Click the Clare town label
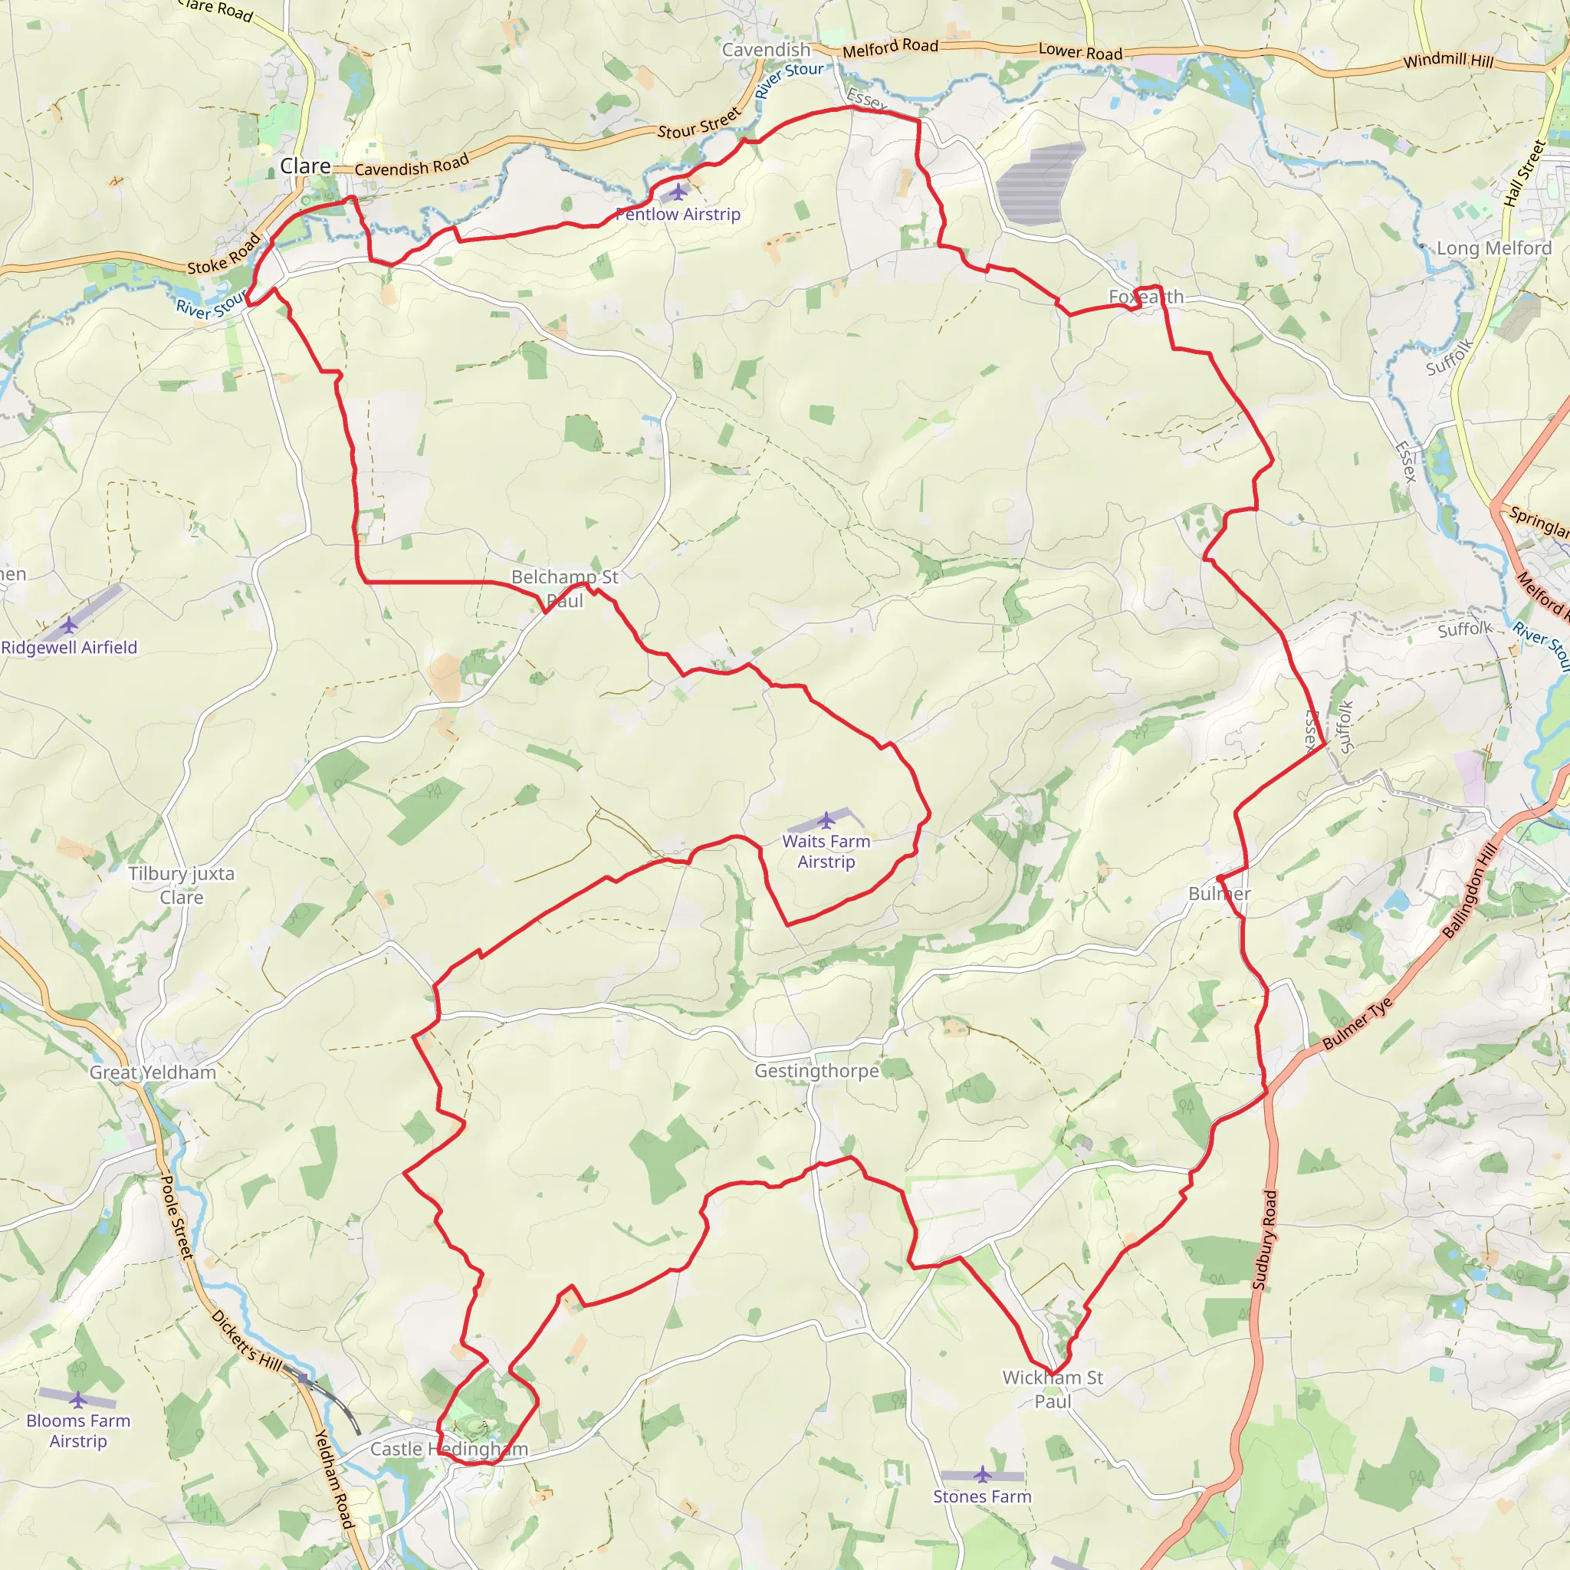305,166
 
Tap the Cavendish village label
767,51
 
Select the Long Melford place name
1493,248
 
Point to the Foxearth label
1146,297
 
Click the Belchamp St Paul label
565,588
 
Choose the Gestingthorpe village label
816,1071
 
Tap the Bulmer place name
1219,894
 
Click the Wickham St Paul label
1053,1389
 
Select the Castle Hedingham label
448,1449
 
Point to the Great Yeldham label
153,1072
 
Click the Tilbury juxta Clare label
181,885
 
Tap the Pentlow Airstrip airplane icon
678,192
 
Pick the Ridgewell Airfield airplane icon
69,625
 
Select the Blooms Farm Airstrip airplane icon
78,1399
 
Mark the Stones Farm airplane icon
983,1474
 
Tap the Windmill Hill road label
1448,60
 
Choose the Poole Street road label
176,1217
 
